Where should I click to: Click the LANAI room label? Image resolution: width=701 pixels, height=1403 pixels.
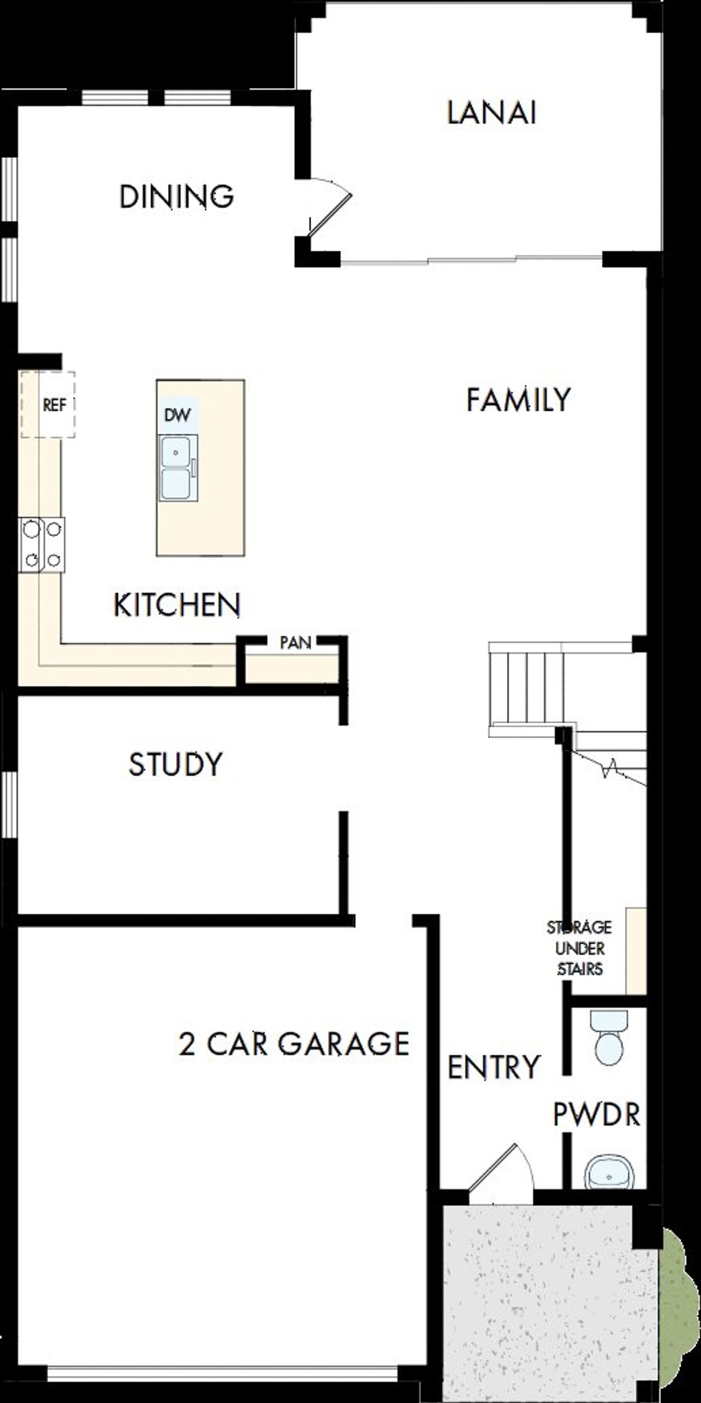pyautogui.click(x=491, y=113)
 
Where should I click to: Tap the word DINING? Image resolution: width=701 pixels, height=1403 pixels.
pyautogui.click(x=176, y=196)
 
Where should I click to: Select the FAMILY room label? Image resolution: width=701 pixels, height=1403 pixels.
pyautogui.click(x=518, y=400)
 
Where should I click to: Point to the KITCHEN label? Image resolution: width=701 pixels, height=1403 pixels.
pyautogui.click(x=176, y=605)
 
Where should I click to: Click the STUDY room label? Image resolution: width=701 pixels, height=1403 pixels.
pyautogui.click(x=175, y=764)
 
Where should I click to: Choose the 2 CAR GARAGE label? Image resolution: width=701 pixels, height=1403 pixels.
pyautogui.click(x=294, y=1044)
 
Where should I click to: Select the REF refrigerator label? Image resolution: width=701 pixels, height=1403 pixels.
pyautogui.click(x=54, y=405)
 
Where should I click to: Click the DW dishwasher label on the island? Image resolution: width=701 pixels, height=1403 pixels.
pyautogui.click(x=177, y=415)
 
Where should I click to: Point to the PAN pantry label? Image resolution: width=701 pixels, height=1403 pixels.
pyautogui.click(x=295, y=642)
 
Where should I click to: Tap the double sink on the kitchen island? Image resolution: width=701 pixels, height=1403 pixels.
pyautogui.click(x=176, y=468)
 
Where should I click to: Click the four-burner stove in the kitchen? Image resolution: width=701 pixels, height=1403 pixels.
pyautogui.click(x=42, y=544)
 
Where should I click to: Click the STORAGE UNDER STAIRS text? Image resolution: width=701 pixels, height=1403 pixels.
pyautogui.click(x=579, y=948)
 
